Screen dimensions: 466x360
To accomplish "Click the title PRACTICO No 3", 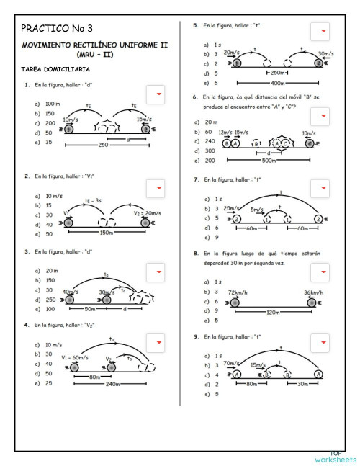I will point(57,29).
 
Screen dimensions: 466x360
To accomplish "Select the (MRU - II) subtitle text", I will point(94,54).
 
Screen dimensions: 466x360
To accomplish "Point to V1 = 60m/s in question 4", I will point(75,357).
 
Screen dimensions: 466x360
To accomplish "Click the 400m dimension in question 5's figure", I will point(278,83).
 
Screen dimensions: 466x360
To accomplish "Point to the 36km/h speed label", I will point(312,292).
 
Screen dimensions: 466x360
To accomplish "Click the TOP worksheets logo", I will point(335,457).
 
